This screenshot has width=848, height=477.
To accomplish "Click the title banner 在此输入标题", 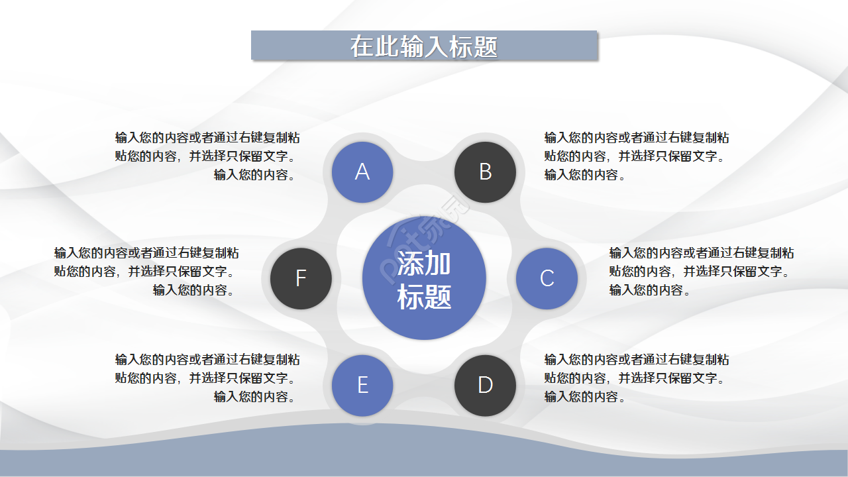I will click(424, 46).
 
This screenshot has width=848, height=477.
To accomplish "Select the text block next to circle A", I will click(207, 156).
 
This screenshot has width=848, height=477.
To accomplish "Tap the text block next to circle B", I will click(636, 156).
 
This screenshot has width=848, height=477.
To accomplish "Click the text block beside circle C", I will click(701, 272).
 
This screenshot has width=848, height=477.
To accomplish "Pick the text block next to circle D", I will click(636, 378).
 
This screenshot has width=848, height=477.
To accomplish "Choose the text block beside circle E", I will click(207, 378).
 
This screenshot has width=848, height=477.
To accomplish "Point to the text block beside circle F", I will click(146, 272).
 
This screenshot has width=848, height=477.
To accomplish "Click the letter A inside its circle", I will click(362, 172).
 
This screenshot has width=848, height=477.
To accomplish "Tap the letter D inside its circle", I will click(485, 385).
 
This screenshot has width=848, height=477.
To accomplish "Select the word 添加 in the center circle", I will click(424, 264).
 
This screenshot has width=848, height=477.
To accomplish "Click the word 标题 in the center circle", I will click(424, 297).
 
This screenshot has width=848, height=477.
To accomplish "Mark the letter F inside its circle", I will click(301, 278).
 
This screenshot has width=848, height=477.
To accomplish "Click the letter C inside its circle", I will click(547, 278).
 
